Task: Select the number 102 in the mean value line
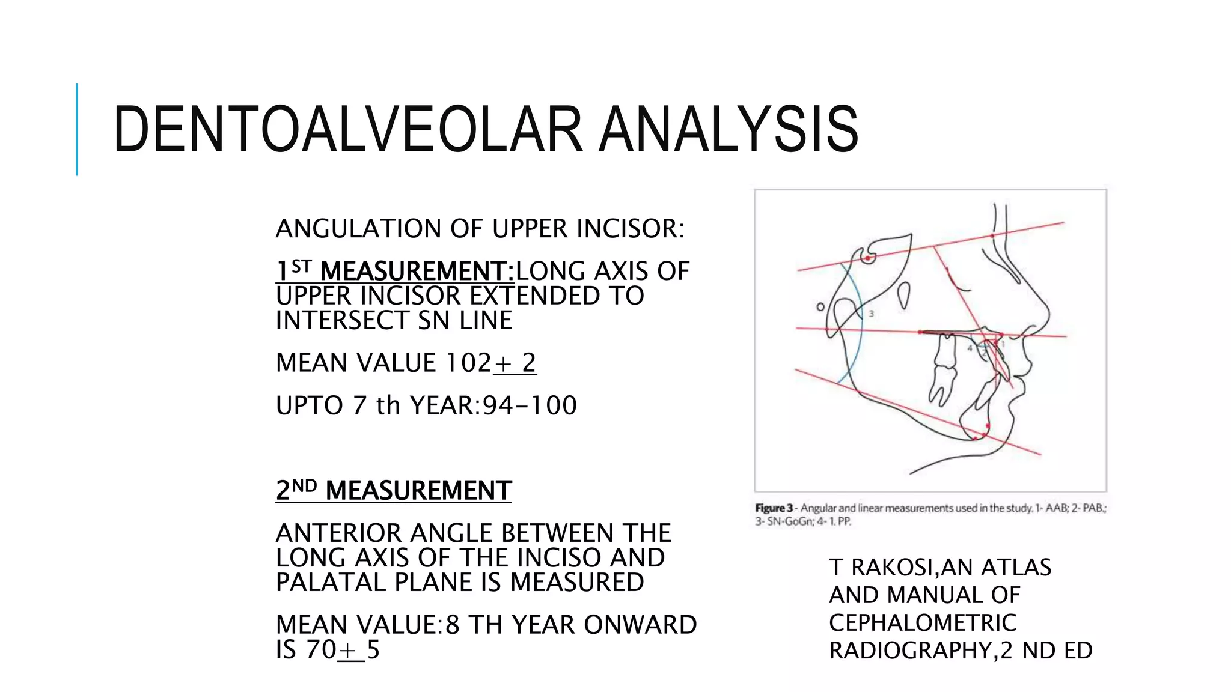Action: pyautogui.click(x=468, y=363)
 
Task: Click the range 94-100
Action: pyautogui.click(x=530, y=405)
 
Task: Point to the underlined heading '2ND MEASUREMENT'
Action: pyautogui.click(x=393, y=490)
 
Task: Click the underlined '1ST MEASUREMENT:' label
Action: pyautogui.click(x=395, y=271)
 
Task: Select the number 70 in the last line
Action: pyautogui.click(x=320, y=649)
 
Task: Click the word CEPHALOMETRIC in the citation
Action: pyautogui.click(x=922, y=623)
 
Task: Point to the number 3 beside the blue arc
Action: pyautogui.click(x=871, y=314)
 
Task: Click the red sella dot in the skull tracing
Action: pyautogui.click(x=867, y=259)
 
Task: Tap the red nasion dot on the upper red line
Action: pyautogui.click(x=992, y=235)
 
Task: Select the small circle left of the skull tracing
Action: pyautogui.click(x=820, y=307)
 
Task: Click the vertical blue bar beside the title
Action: pyautogui.click(x=77, y=129)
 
